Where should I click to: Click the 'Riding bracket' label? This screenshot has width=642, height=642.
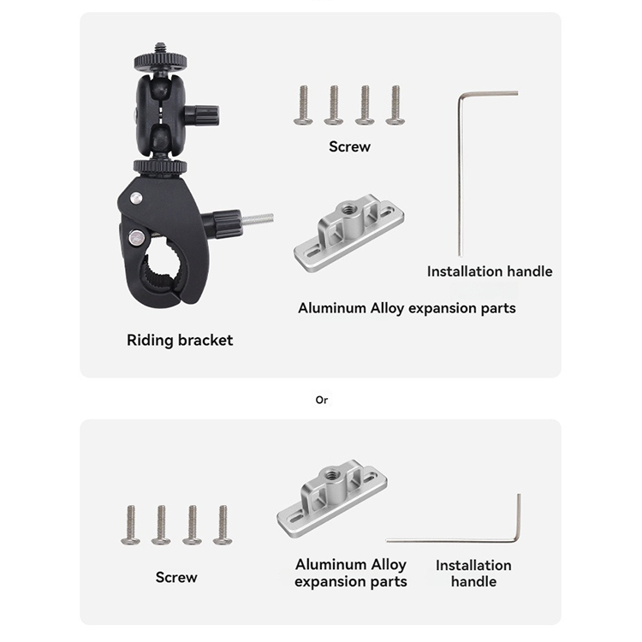click(x=180, y=340)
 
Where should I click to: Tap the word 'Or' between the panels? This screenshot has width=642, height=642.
click(x=321, y=399)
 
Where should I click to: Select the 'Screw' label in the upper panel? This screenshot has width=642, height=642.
click(x=349, y=146)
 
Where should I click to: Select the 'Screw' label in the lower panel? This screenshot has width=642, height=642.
click(x=176, y=577)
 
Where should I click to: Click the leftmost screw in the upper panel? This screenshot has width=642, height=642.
click(x=302, y=105)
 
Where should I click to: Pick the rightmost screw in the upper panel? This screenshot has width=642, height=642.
click(x=394, y=105)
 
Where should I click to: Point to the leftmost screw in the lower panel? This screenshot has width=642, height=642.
click(x=131, y=524)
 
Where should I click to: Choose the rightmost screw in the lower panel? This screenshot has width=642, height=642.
click(x=223, y=524)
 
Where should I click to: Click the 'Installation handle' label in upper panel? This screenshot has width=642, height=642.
click(x=490, y=271)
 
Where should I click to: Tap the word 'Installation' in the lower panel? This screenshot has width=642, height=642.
click(x=473, y=565)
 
